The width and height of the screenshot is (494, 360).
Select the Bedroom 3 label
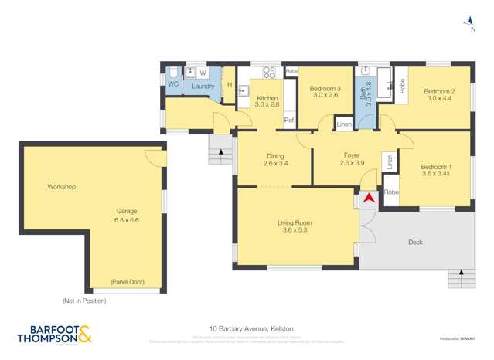(325, 90)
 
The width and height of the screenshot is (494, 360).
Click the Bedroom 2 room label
(438, 91)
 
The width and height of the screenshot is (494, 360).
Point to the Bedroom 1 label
(436, 167)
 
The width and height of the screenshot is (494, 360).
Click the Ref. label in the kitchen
(288, 121)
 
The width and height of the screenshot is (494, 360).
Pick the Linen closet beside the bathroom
(344, 124)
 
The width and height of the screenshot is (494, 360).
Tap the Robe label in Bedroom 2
(402, 85)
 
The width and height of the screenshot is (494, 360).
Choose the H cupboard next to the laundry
(230, 85)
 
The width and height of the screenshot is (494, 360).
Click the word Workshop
(61, 187)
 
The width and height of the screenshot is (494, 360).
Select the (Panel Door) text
(127, 282)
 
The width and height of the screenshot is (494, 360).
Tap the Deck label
(415, 243)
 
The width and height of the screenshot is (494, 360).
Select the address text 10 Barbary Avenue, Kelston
(251, 328)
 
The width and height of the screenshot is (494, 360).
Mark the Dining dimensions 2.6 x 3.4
(275, 163)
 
